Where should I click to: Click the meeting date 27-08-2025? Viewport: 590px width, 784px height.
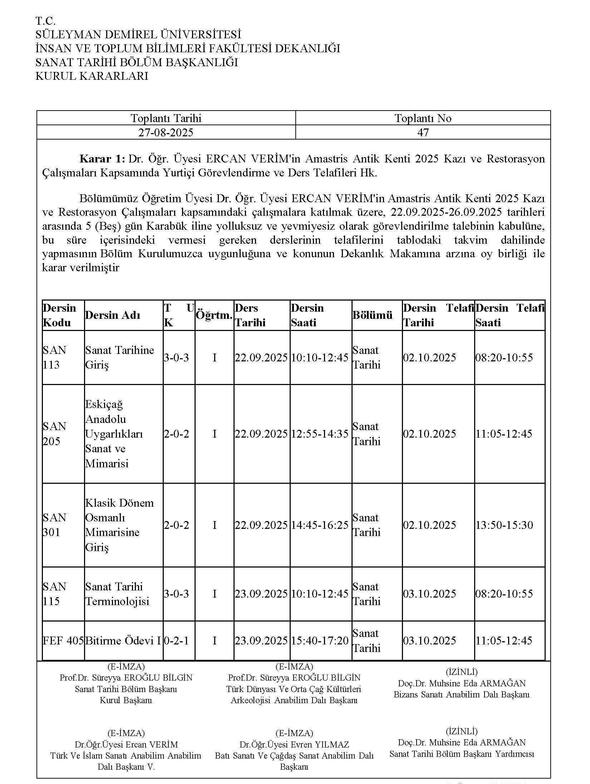[x=166, y=133]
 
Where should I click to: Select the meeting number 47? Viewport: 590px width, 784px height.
[x=423, y=133]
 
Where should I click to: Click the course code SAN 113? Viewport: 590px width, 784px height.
[x=55, y=357]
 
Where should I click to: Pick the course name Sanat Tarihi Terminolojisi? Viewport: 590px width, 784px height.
[x=117, y=594]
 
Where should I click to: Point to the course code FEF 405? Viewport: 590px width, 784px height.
[x=63, y=640]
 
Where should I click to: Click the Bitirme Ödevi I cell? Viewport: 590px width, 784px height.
[x=123, y=640]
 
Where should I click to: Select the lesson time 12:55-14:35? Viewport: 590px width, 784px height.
[x=320, y=434]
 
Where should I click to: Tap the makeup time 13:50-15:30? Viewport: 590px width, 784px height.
[x=504, y=525]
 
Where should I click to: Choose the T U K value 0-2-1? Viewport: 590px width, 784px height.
[x=176, y=640]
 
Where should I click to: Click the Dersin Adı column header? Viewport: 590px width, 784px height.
[x=112, y=315]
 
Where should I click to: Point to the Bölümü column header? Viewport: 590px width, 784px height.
[x=373, y=315]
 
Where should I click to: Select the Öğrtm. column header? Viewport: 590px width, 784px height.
[x=214, y=315]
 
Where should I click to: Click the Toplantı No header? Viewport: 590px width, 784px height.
[x=423, y=118]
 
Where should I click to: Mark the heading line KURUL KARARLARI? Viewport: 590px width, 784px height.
[x=92, y=76]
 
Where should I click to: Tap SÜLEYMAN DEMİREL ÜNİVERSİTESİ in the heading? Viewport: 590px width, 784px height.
[x=138, y=35]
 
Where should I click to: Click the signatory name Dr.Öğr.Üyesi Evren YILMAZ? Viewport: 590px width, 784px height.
[x=294, y=744]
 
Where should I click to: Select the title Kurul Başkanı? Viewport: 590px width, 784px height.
[x=126, y=700]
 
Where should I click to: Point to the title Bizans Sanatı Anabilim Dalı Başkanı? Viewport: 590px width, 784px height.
[x=461, y=695]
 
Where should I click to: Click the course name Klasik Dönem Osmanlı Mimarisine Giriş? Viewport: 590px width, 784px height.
[x=119, y=525]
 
